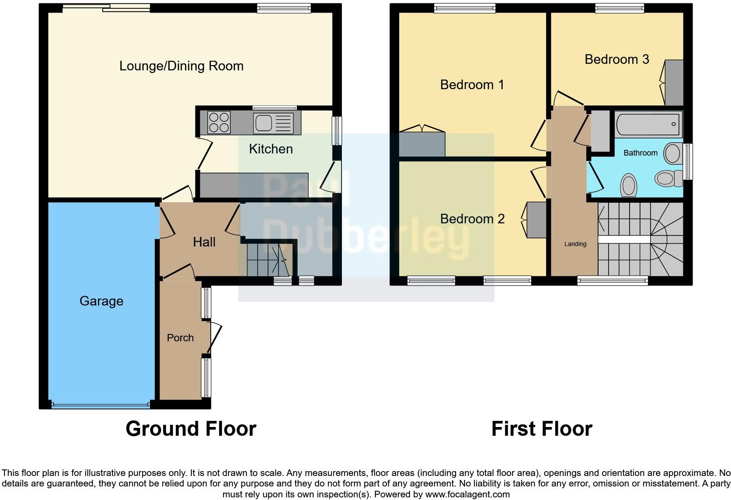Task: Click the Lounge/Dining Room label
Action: [x=181, y=66]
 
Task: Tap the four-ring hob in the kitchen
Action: [x=219, y=122]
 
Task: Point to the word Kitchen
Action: [x=271, y=149]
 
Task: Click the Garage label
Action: [x=101, y=301]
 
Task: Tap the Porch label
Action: [x=180, y=338]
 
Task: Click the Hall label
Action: [x=204, y=242]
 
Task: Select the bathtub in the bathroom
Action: [x=648, y=124]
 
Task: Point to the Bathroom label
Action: [x=640, y=153]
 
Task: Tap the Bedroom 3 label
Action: [x=616, y=59]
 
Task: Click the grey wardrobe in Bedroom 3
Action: [x=674, y=83]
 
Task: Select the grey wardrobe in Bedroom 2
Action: [x=537, y=219]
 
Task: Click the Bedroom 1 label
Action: [x=472, y=84]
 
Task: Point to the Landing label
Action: [x=575, y=244]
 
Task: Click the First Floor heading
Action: [x=541, y=429]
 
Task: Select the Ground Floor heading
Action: [x=191, y=429]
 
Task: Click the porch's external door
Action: [x=215, y=338]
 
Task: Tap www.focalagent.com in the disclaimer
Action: [x=467, y=494]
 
